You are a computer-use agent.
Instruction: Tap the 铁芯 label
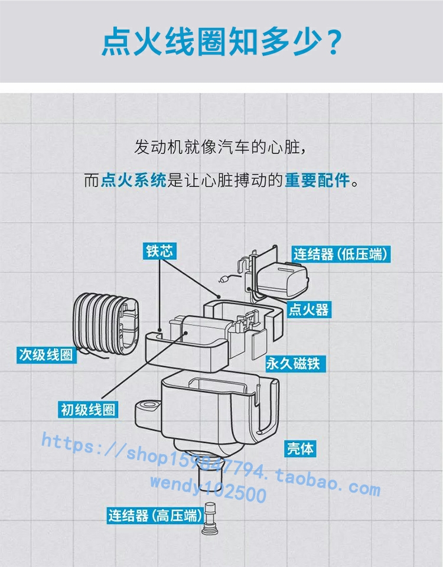159,250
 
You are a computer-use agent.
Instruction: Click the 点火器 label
308,309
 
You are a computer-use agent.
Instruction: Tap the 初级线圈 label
88,409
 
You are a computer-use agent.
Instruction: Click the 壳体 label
300,448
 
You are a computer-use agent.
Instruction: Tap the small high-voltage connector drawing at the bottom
209,518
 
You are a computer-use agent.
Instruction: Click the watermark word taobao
308,478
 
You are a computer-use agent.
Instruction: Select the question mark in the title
333,43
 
